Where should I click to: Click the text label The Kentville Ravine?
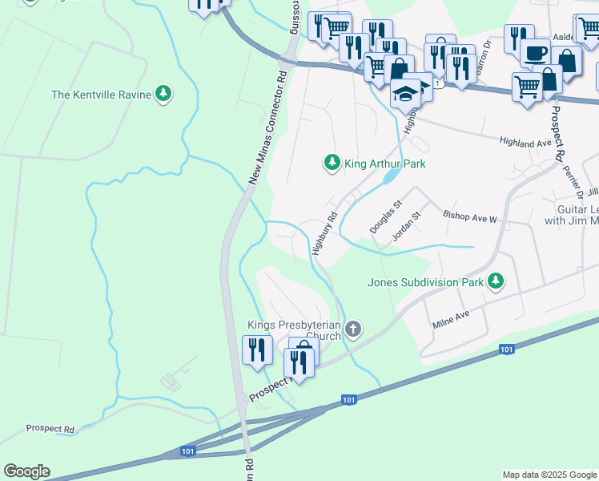tap(101, 95)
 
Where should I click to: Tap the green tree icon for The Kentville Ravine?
tap(163, 94)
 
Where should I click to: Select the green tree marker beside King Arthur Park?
tap(332, 164)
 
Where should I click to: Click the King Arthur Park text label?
tap(384, 164)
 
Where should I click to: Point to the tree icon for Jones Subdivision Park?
tap(497, 281)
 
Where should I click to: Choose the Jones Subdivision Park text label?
tap(425, 282)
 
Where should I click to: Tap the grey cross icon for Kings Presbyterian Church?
tap(353, 329)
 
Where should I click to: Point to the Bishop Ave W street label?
tap(470, 217)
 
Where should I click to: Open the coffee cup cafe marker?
tap(534, 53)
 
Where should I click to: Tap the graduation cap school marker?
tap(406, 93)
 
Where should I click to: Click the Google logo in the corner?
tap(26, 471)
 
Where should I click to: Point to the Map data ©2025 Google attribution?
tap(549, 475)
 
